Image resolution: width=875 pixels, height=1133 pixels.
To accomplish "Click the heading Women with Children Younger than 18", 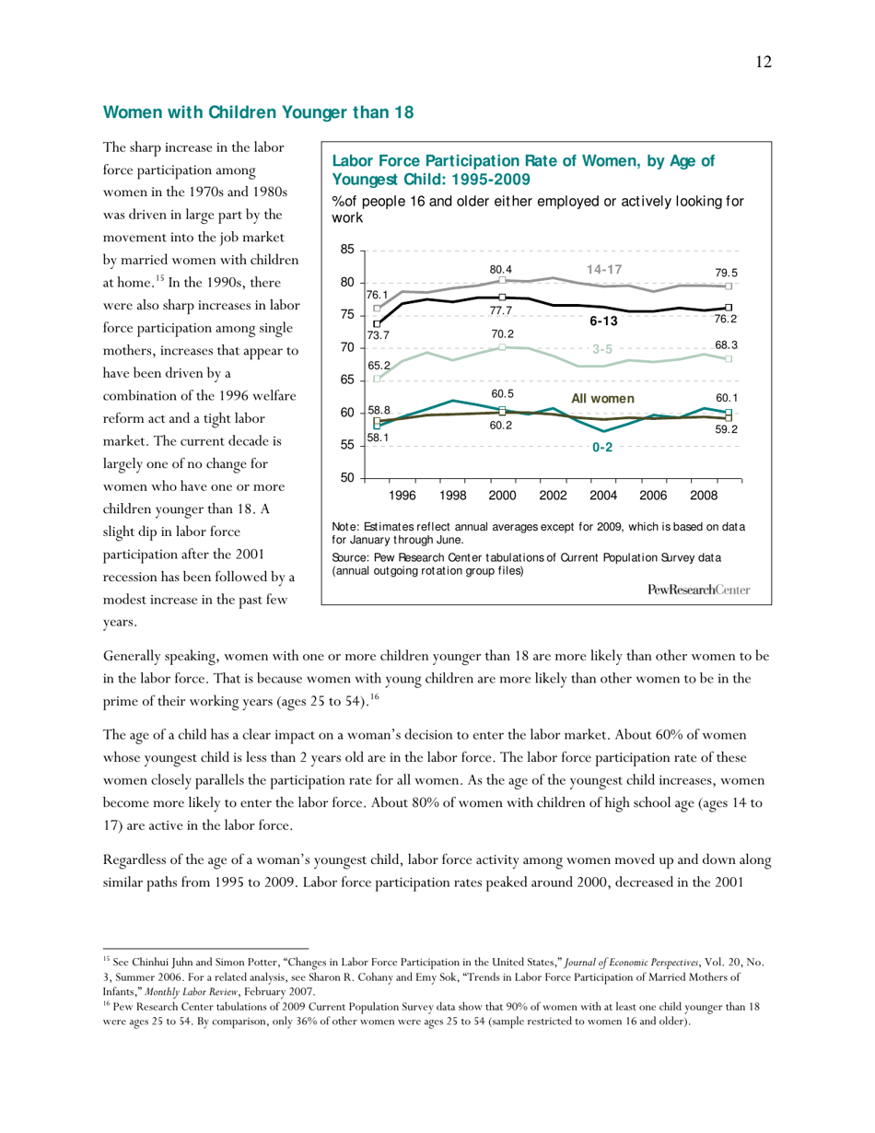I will tap(258, 112).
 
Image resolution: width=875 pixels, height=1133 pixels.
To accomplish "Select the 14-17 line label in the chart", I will tap(605, 269).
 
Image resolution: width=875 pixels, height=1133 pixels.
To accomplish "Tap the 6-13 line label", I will tap(603, 321).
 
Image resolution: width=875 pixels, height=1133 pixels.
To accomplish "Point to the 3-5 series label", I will tap(602, 349).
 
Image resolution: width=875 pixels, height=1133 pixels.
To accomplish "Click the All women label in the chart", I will tap(603, 398).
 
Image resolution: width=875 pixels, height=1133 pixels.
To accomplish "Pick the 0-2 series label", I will tap(602, 447).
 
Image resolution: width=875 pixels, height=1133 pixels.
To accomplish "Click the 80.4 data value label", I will tap(501, 270).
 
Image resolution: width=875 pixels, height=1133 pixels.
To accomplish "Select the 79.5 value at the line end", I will tap(727, 273).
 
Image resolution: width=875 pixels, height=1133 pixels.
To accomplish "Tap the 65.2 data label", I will tap(379, 366).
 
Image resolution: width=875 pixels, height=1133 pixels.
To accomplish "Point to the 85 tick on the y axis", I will tap(346, 250).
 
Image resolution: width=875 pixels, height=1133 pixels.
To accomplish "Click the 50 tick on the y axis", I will tap(346, 478).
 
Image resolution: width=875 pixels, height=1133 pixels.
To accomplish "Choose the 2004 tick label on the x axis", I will tap(602, 496).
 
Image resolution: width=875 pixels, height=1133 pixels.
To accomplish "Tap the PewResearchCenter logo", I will tap(699, 590).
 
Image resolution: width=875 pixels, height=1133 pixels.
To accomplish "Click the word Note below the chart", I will tap(344, 527).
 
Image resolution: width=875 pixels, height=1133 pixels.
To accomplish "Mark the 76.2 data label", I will tap(727, 318).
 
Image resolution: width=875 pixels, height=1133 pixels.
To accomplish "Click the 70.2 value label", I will tap(502, 334).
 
